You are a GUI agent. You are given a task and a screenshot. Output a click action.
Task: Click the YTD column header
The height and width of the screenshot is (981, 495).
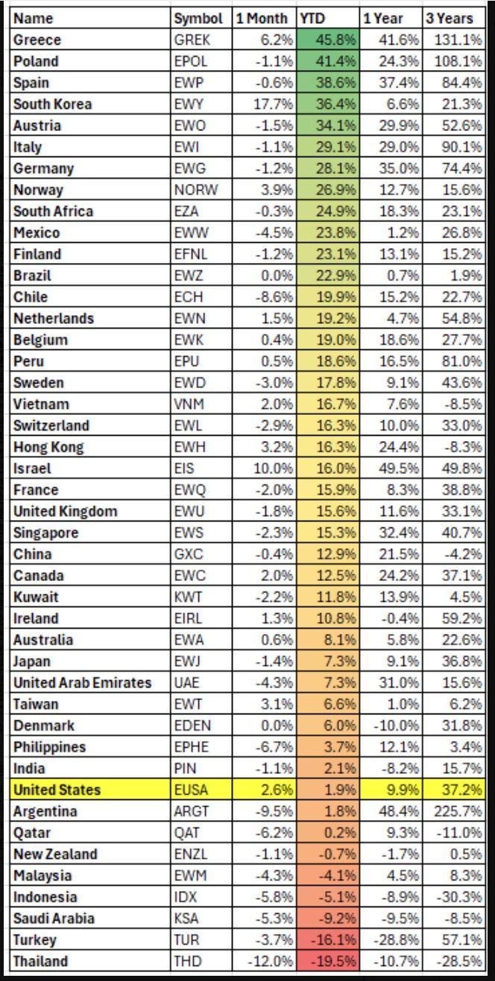312,19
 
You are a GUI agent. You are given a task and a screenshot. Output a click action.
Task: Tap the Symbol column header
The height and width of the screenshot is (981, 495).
198,19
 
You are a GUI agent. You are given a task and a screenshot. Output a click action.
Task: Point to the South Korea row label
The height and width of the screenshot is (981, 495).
52,104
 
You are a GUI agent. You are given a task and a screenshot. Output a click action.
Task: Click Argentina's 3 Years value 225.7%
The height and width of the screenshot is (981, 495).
456,811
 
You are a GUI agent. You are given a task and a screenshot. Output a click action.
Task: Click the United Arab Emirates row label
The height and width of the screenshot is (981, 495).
82,682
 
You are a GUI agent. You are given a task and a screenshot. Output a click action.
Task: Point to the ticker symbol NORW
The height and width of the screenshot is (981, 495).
195,190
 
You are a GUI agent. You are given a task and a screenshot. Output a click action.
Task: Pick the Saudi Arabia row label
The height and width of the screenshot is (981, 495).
54,918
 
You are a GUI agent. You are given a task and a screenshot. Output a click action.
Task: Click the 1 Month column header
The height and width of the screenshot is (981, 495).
262,19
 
